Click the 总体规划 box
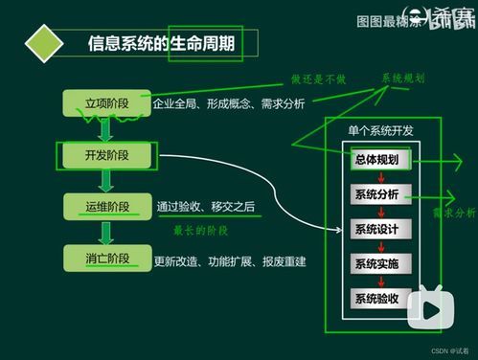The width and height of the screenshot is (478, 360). click(x=380, y=159)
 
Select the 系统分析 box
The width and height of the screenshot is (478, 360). click(x=380, y=194)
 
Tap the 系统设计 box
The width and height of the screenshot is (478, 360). click(x=380, y=229)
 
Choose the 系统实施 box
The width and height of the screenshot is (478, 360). click(x=380, y=263)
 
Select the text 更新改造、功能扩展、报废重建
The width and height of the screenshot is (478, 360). click(x=230, y=259)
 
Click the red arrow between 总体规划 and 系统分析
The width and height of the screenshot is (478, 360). click(x=380, y=177)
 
